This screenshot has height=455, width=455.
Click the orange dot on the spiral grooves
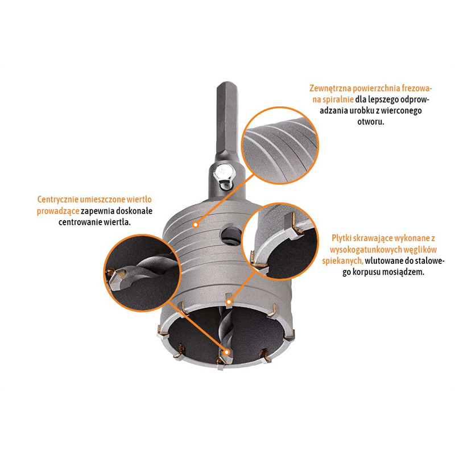(196, 225)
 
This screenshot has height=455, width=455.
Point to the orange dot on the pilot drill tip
(227, 352)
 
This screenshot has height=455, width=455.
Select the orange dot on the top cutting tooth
(229, 302)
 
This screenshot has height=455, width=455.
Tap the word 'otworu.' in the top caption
(371, 121)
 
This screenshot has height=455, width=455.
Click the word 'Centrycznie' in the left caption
(58, 200)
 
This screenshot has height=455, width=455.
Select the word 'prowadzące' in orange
(58, 211)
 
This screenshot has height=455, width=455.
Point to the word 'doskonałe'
(134, 211)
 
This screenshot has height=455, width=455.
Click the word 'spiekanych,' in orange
(343, 261)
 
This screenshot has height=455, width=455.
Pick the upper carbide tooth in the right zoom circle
(293, 225)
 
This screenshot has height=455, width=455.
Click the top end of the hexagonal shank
(227, 84)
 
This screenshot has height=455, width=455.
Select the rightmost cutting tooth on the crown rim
(289, 334)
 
